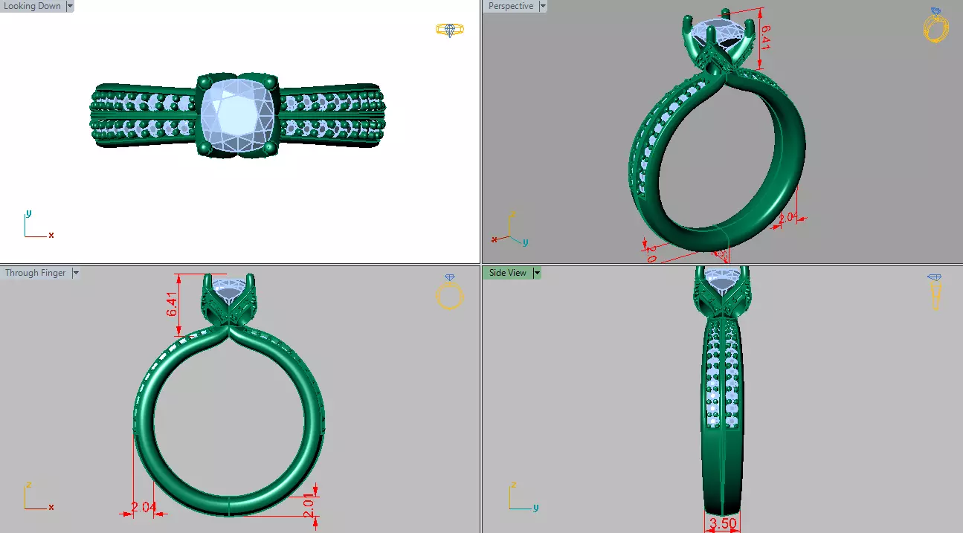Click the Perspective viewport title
[x=510, y=6]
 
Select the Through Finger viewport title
[x=35, y=273]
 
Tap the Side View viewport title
[x=507, y=273]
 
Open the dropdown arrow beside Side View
[x=536, y=273]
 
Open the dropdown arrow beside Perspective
[x=542, y=6]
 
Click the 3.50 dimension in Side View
[x=722, y=523]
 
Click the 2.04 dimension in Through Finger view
[x=144, y=508]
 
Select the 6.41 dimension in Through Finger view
[x=172, y=304]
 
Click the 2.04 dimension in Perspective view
[x=788, y=219]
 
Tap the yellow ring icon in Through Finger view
[x=449, y=294]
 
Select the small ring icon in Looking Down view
[x=449, y=30]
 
